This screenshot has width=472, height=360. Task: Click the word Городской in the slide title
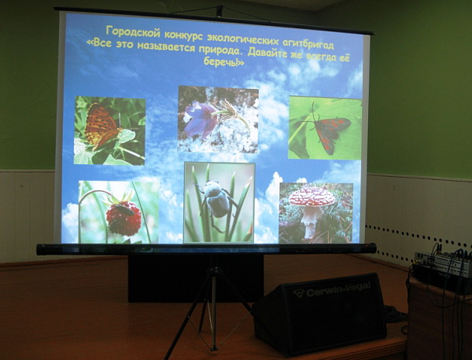133,32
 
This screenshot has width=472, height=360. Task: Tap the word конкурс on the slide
183,35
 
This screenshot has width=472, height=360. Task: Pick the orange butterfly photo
109,130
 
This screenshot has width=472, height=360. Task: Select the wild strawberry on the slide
124,216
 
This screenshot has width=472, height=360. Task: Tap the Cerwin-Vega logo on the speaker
332,289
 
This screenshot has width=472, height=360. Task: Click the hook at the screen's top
219,11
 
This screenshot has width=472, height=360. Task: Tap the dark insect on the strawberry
124,210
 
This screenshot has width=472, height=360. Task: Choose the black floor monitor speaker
319,314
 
